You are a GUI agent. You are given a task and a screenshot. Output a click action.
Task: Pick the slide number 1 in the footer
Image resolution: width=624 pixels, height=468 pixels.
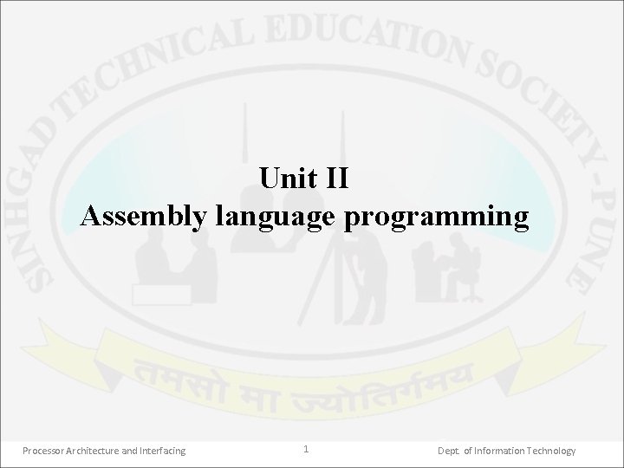(x=306, y=449)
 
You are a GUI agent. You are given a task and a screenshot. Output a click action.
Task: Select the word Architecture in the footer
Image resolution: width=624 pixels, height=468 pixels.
(x=98, y=451)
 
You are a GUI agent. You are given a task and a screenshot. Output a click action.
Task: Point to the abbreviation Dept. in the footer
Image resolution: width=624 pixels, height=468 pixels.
(x=449, y=451)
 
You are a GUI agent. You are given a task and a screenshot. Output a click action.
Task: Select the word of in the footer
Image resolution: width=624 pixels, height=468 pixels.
(x=469, y=451)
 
